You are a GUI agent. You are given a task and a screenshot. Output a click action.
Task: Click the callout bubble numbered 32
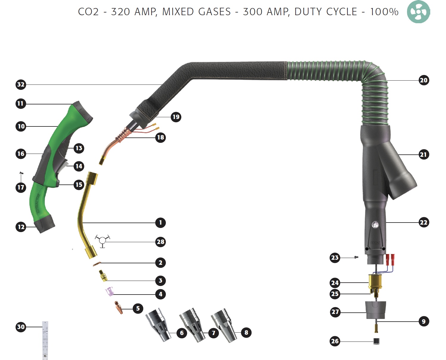click(21, 84)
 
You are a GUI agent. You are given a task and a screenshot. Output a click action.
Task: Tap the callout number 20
click(423, 80)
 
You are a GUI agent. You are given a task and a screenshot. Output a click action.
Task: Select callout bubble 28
click(160, 242)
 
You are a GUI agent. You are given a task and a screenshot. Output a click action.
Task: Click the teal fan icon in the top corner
click(418, 12)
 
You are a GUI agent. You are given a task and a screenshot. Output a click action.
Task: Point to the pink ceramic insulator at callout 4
click(110, 291)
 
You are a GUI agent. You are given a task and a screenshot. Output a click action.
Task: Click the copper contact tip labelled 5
click(119, 308)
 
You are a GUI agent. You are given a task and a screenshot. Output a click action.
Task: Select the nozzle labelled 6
click(158, 325)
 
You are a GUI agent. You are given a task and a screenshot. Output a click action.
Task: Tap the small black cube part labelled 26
click(377, 341)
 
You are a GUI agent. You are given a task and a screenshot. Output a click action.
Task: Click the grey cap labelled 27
click(376, 310)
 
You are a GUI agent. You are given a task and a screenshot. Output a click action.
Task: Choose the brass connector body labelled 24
click(375, 282)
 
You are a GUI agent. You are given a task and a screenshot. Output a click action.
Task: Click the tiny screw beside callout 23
click(356, 257)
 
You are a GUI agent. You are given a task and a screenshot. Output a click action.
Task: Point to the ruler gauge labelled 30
click(45, 340)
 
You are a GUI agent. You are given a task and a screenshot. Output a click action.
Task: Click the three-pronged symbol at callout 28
click(102, 240)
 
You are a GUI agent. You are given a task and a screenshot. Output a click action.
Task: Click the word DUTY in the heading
click(311, 12)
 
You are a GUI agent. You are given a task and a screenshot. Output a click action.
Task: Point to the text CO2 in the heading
click(88, 12)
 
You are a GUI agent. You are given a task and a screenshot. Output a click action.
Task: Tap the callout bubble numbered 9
click(423, 321)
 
